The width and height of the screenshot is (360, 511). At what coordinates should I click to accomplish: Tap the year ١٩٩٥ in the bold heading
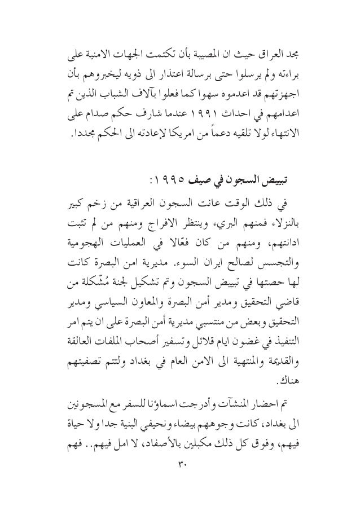coord(165,182)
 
